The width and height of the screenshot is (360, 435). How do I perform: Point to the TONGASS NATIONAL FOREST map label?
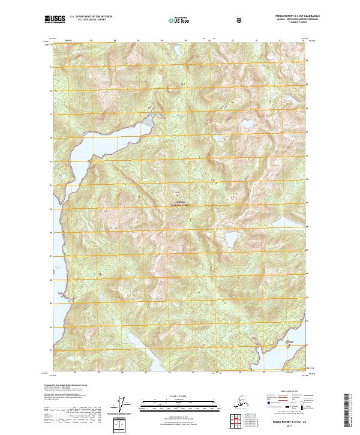point(181,203)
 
